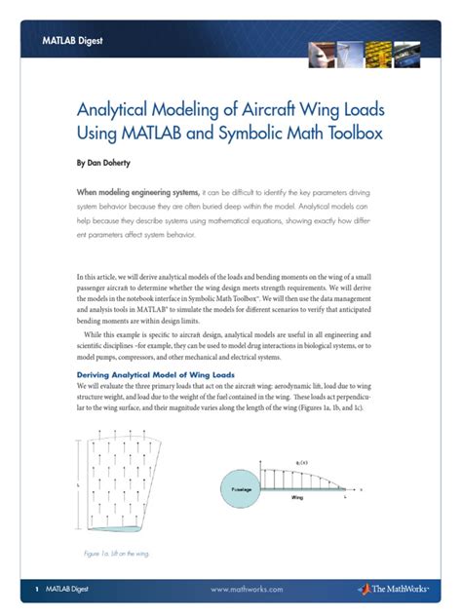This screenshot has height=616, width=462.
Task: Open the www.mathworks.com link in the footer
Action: pyautogui.click(x=246, y=589)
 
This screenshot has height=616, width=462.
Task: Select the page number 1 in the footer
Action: pyautogui.click(x=36, y=589)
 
